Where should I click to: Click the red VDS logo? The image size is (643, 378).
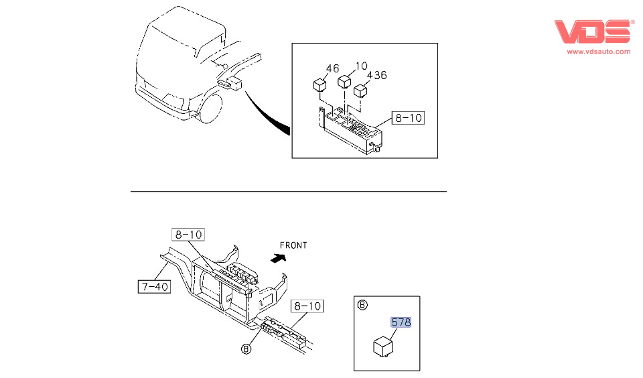point(593,32)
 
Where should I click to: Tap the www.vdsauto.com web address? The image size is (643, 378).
point(599,52)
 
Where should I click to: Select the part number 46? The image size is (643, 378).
point(333,68)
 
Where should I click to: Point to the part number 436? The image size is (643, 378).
point(376,75)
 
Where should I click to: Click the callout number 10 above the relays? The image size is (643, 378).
point(361,66)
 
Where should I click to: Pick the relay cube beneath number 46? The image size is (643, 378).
point(320,85)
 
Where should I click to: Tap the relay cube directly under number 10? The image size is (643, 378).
point(344,82)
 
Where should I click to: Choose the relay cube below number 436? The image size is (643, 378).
point(362,90)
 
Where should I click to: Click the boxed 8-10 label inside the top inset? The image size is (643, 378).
point(408,118)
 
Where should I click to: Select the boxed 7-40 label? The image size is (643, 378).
point(154,287)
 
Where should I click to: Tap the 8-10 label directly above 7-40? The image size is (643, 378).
point(188,235)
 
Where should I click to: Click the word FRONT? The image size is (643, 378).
point(293,245)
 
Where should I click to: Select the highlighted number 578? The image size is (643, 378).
point(401,322)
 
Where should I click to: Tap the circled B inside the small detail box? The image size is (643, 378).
point(362,305)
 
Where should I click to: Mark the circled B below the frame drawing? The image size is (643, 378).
point(246,349)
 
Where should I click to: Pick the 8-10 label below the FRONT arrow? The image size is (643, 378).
point(307,306)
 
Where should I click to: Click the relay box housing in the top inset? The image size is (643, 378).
point(352,131)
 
